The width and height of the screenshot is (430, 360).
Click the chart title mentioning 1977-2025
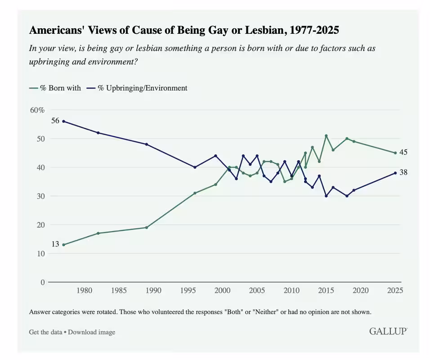click(x=184, y=30)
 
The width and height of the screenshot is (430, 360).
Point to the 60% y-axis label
click(x=37, y=110)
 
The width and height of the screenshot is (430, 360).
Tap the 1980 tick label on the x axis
click(x=84, y=291)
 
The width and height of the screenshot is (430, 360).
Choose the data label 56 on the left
click(x=55, y=121)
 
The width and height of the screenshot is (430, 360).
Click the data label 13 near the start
click(x=55, y=244)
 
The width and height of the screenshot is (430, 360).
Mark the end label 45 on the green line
click(x=403, y=153)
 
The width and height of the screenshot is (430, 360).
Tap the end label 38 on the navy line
click(x=403, y=172)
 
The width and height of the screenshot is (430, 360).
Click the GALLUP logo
click(x=388, y=331)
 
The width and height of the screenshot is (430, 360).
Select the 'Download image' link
click(x=92, y=332)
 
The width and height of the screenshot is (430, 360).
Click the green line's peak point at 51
click(x=326, y=135)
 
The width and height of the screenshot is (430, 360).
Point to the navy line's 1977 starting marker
click(x=63, y=121)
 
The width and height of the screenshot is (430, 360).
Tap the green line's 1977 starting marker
click(x=63, y=245)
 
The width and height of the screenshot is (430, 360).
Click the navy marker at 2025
click(x=395, y=173)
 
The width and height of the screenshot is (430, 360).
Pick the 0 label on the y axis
click(x=43, y=283)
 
